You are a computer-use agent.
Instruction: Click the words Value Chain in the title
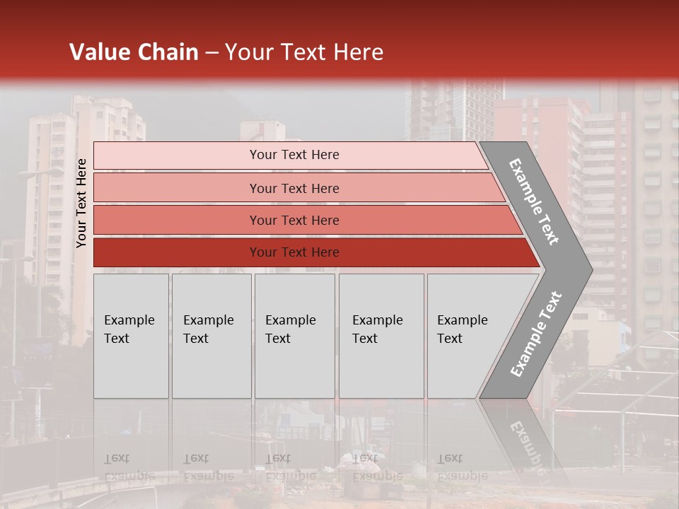pos(134,52)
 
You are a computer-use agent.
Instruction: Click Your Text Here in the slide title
pos(304,52)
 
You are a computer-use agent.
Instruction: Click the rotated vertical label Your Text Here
pos(82,203)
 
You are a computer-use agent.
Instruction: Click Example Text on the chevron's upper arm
pos(534,201)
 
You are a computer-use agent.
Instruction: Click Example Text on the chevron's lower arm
pos(536,334)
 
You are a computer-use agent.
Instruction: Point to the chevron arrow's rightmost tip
pos(591,270)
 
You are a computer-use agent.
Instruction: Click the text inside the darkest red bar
pos(294,252)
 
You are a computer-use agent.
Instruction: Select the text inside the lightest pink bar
pos(294,155)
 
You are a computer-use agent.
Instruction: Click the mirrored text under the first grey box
pos(129,467)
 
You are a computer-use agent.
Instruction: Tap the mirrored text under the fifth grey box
pos(462,467)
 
